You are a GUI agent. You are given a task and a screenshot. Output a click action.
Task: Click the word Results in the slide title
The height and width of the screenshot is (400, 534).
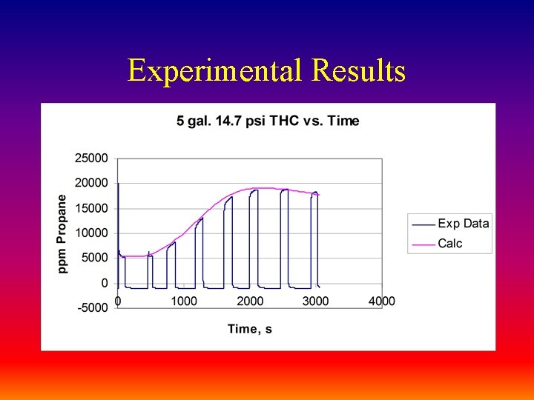(x=359, y=71)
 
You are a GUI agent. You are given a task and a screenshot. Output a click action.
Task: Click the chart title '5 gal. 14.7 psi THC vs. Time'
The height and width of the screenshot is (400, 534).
(x=268, y=121)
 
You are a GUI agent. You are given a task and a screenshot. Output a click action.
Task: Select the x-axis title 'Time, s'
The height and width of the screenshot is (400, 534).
(x=249, y=329)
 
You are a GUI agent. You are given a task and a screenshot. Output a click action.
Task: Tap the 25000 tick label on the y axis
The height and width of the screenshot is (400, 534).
(x=91, y=158)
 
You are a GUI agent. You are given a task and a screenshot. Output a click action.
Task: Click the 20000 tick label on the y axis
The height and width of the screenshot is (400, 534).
(x=91, y=183)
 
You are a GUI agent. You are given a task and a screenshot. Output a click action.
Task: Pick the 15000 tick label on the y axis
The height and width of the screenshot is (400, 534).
(x=91, y=208)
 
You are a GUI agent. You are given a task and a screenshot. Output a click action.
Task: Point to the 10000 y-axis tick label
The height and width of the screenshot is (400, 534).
(x=91, y=233)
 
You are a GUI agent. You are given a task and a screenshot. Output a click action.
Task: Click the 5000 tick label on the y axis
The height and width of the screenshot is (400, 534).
(x=94, y=258)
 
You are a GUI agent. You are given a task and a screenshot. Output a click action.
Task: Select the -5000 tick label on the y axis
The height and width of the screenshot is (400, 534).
(x=93, y=308)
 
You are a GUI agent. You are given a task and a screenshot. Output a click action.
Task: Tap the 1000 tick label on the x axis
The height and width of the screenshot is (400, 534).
(x=184, y=301)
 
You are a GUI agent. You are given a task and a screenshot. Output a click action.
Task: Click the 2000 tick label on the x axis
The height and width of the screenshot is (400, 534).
(x=250, y=301)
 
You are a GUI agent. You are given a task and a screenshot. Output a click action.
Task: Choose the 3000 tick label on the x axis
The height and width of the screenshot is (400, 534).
(x=316, y=301)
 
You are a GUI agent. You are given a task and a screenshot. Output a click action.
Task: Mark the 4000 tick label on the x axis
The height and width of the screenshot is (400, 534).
(x=382, y=301)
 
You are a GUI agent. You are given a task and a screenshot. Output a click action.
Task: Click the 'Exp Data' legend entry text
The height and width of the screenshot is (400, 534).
(x=464, y=224)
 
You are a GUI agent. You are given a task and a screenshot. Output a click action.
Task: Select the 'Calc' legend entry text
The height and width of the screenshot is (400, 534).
(x=450, y=244)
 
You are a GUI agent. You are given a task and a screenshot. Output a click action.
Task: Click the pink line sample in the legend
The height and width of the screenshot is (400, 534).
(x=423, y=244)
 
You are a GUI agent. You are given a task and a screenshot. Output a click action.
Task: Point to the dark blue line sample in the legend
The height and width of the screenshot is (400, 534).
(x=423, y=224)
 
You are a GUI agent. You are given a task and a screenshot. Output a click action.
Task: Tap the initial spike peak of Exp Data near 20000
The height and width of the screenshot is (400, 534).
(x=119, y=184)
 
